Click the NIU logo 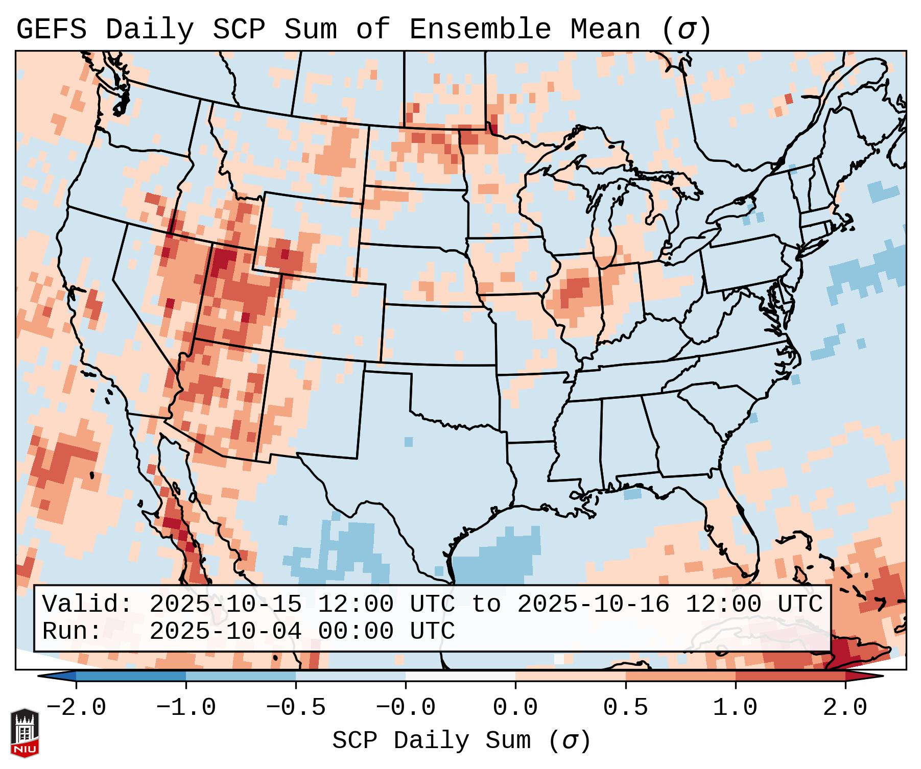(25, 733)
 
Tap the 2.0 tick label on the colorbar (845, 708)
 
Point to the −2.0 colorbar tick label (76, 708)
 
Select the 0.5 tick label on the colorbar (625, 708)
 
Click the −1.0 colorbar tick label (186, 708)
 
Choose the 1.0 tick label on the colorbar (735, 708)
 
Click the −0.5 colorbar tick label (296, 708)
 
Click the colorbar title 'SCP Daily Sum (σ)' (461, 740)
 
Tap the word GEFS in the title (51, 30)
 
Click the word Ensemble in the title (480, 30)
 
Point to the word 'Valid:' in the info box (87, 604)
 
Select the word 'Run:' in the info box (72, 631)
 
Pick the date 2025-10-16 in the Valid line (593, 604)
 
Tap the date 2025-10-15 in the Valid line (225, 604)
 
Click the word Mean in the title (605, 30)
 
